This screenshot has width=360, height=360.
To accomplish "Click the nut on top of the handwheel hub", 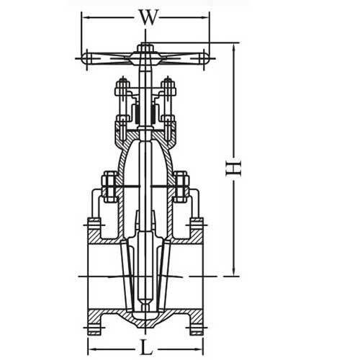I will click(x=146, y=48).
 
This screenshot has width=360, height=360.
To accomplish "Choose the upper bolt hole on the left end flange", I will click(x=94, y=229).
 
